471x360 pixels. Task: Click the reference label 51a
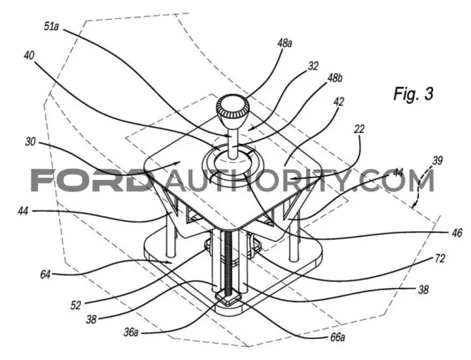pyautogui.click(x=51, y=26)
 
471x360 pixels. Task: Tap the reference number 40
pyautogui.click(x=29, y=56)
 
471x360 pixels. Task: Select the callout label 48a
pyautogui.click(x=285, y=43)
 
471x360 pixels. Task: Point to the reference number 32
pyautogui.click(x=313, y=66)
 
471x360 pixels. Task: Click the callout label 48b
pyautogui.click(x=335, y=78)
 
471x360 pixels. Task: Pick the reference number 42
pyautogui.click(x=339, y=102)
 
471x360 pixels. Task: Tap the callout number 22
pyautogui.click(x=359, y=129)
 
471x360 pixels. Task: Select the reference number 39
pyautogui.click(x=438, y=160)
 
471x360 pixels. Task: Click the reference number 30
pyautogui.click(x=30, y=141)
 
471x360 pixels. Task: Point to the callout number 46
pyautogui.click(x=457, y=233)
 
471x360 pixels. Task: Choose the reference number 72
pyautogui.click(x=440, y=259)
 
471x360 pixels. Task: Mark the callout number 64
pyautogui.click(x=45, y=274)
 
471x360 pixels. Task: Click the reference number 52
pyautogui.click(x=76, y=306)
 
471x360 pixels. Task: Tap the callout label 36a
pyautogui.click(x=131, y=333)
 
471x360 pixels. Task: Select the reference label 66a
pyautogui.click(x=338, y=338)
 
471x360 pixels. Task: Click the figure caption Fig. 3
pyautogui.click(x=413, y=94)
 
